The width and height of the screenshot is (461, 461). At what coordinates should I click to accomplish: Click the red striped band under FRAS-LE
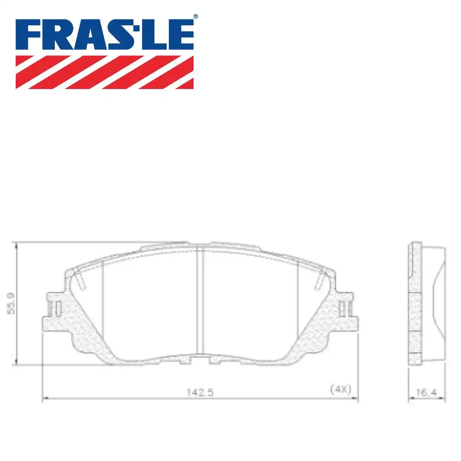[x=105, y=72]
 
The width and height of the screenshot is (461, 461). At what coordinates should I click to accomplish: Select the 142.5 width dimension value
[x=200, y=392]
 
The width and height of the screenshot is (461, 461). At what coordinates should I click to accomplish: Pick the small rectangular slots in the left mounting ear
[x=57, y=308]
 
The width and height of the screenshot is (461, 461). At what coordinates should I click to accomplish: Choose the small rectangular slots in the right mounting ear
[x=343, y=308]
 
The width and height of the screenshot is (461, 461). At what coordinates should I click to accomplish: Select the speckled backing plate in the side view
[x=415, y=304]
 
